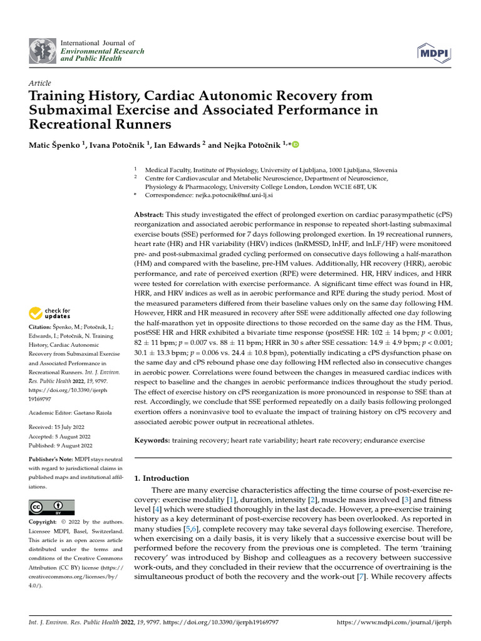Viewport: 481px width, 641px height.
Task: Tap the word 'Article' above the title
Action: click(40, 83)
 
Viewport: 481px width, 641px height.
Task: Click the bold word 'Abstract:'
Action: click(150, 215)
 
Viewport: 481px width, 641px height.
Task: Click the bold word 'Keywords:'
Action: click(153, 441)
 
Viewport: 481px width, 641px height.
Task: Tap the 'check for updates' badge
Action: click(50, 313)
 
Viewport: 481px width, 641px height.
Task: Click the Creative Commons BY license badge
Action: click(51, 507)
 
